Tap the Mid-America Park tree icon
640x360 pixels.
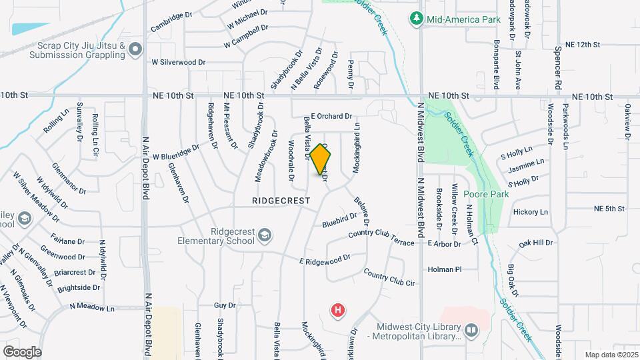coord(417,18)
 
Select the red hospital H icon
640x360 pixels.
coord(339,310)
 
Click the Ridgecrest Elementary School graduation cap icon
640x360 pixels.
coord(265,235)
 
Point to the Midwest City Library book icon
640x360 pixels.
coord(471,330)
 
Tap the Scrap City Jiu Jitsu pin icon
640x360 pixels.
coord(136,49)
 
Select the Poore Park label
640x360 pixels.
coord(487,195)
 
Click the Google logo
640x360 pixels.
coord(22,351)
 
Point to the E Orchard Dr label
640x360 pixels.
coord(331,116)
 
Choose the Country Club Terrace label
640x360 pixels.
coord(381,239)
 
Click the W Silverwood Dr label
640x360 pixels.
coord(179,62)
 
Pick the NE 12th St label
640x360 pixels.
coord(583,44)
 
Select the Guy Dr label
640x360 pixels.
coord(225,305)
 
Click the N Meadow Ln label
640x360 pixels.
coord(92,308)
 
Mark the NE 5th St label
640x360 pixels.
coord(609,209)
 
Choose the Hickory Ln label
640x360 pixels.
coord(531,212)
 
